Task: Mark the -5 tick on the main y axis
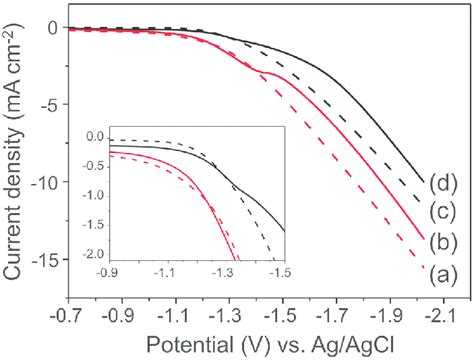(x=47, y=105)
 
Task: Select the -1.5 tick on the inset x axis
(x=284, y=270)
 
